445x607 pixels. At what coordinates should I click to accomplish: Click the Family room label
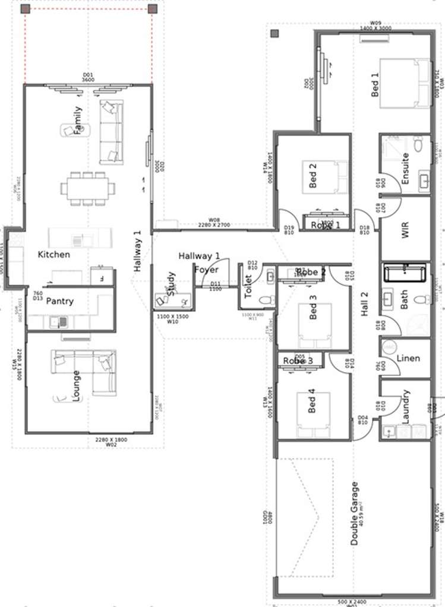tap(77, 121)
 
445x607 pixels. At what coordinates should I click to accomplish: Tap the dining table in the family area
tap(87, 188)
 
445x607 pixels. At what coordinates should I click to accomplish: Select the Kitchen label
tap(54, 254)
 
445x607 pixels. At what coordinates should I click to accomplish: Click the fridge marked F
tap(102, 277)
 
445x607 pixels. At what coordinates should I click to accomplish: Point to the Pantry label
tap(60, 301)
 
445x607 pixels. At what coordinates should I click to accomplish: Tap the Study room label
tap(171, 283)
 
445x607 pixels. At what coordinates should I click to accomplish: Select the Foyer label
tap(206, 270)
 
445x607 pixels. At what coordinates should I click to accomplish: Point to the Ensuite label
tap(405, 169)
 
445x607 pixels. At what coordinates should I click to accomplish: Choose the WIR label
tap(405, 231)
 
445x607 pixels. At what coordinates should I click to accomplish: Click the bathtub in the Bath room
tap(405, 273)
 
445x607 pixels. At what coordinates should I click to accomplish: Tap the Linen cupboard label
tap(408, 358)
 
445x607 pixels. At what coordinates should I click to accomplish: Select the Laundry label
tap(406, 406)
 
